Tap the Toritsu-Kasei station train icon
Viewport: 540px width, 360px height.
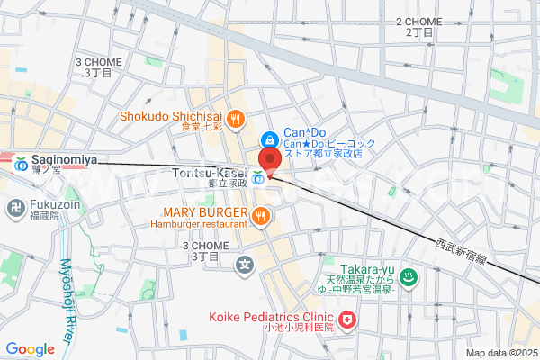point(258,177)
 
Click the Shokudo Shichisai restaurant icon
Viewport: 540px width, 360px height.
point(236,117)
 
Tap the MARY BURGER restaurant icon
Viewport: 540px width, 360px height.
point(260,214)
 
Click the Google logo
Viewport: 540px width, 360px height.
point(31,349)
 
